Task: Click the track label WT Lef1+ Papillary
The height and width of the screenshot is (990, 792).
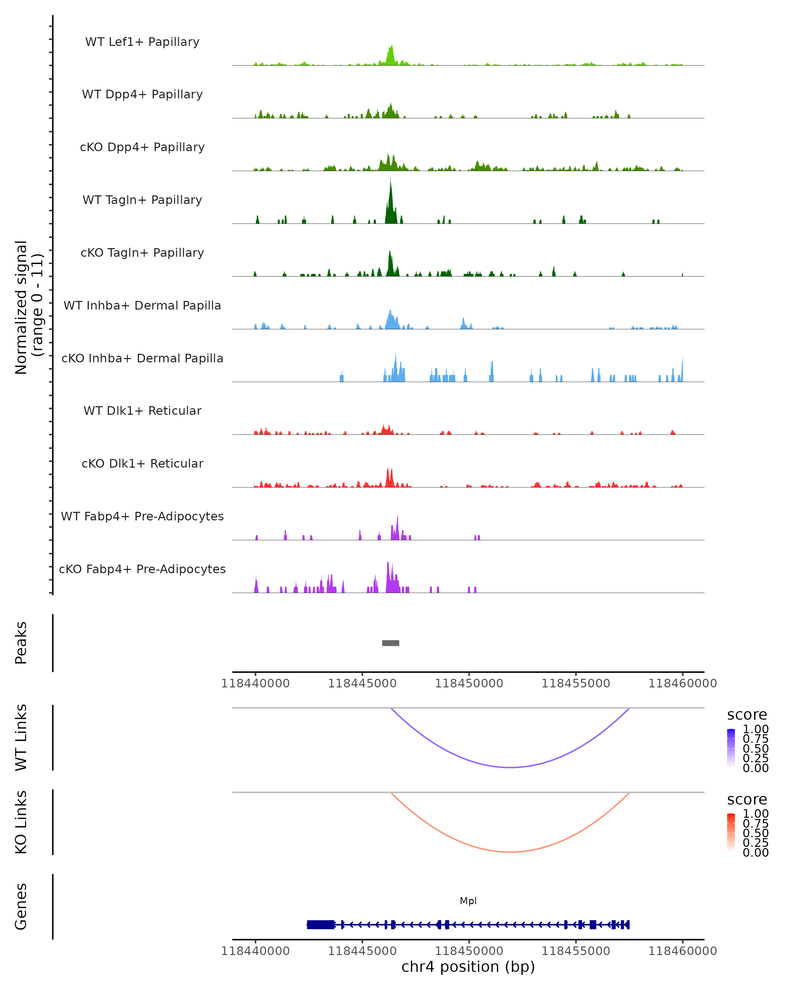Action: point(142,42)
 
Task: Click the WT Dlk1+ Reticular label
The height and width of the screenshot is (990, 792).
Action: point(142,411)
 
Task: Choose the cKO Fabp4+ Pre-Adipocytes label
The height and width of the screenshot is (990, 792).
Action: point(142,569)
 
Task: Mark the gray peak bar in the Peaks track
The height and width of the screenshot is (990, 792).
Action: point(391,643)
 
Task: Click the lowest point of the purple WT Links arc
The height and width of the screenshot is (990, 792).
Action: point(510,767)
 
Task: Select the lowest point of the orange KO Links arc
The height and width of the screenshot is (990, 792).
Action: point(510,852)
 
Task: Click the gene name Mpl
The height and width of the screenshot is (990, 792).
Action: point(468,901)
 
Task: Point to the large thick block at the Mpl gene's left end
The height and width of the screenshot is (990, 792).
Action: point(320,924)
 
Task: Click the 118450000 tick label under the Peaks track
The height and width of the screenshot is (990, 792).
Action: point(469,683)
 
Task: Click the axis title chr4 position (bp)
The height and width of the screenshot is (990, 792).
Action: point(468,967)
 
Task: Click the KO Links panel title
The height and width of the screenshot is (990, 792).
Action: point(21,822)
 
